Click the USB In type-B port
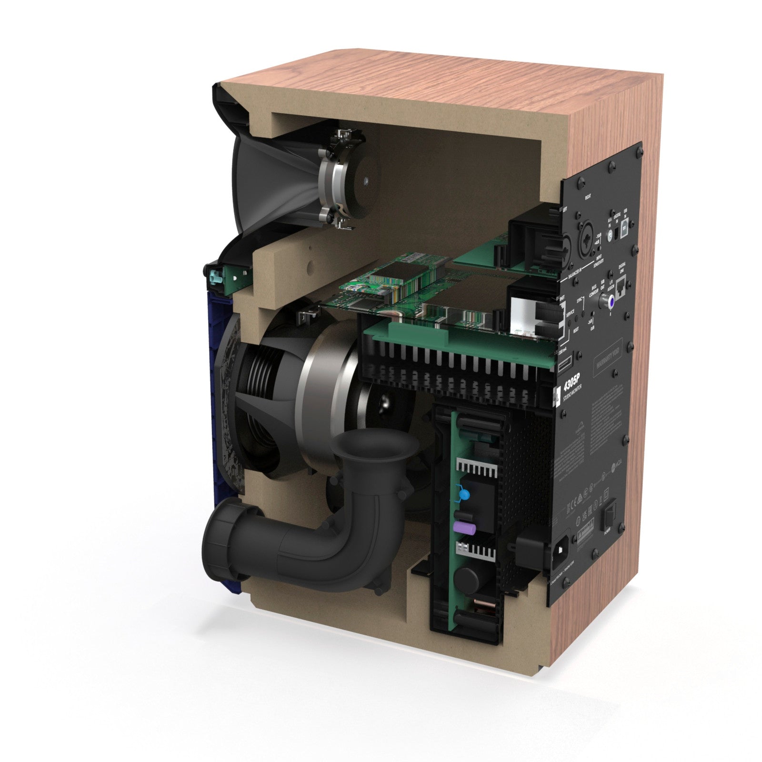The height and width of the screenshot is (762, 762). click(628, 218)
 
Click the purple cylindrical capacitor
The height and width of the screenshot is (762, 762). click(461, 527)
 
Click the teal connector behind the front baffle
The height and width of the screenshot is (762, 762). click(215, 276)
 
